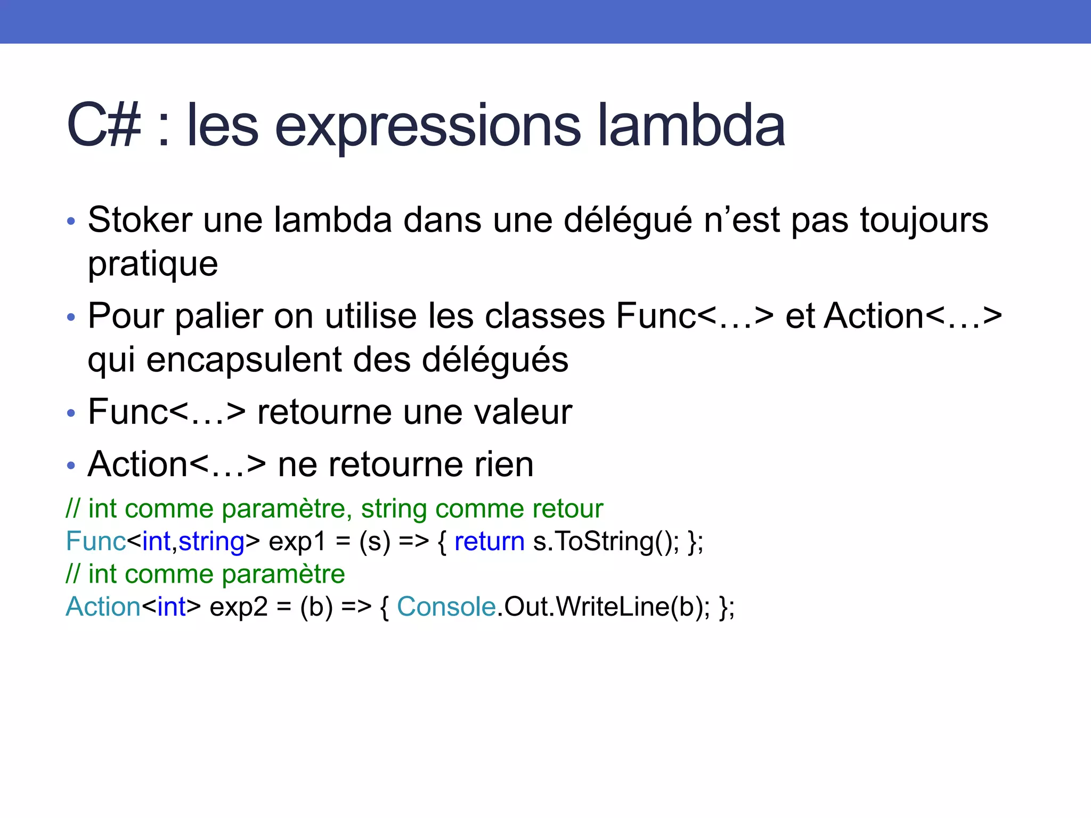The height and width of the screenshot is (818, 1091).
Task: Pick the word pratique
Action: (153, 265)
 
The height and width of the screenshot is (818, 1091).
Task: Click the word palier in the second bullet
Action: (218, 316)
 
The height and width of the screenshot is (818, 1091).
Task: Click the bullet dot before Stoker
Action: (71, 222)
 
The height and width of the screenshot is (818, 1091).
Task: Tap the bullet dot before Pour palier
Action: (71, 318)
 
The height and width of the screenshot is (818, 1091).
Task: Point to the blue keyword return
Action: (489, 542)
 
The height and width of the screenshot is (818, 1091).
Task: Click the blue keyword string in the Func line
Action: (211, 542)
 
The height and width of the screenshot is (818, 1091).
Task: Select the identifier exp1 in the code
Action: (297, 542)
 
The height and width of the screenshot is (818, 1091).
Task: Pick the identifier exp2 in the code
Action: (238, 607)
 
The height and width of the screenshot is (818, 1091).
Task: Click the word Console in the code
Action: (446, 607)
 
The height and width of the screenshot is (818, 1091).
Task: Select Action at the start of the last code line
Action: (103, 607)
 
